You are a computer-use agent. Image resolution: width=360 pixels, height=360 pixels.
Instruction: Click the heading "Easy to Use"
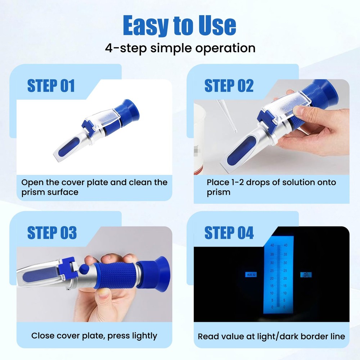click(x=179, y=26)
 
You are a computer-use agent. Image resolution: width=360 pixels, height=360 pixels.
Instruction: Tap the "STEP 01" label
click(x=51, y=86)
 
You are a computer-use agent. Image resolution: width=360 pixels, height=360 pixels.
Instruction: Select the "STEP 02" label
click(x=229, y=86)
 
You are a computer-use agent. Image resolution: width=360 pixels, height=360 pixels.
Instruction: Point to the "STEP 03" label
click(x=52, y=233)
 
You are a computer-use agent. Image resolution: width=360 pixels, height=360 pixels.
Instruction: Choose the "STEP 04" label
click(x=229, y=233)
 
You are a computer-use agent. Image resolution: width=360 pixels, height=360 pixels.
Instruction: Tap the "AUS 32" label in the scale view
click(x=251, y=275)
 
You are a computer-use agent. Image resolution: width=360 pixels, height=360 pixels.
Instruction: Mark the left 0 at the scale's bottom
click(x=273, y=307)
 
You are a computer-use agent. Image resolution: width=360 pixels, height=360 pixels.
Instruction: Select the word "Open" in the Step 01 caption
click(x=31, y=182)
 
